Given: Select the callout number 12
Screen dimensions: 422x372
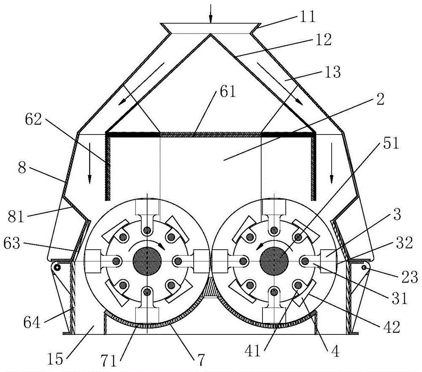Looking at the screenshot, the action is (323, 40).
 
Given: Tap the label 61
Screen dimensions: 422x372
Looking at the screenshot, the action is (228, 92).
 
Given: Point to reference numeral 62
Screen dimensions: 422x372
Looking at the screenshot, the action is (34, 120).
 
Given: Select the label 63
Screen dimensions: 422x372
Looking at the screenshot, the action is (12, 243).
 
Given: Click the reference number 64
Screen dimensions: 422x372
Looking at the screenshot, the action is (32, 322).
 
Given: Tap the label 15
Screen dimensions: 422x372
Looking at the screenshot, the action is (55, 359).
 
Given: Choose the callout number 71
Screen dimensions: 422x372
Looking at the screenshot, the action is (109, 361).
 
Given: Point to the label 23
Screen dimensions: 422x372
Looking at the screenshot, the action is (410, 277).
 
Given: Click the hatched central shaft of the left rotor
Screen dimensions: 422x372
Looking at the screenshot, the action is (147, 261).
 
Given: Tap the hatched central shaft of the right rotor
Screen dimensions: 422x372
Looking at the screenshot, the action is (274, 261).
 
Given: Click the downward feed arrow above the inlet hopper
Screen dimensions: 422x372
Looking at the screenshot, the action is (211, 13).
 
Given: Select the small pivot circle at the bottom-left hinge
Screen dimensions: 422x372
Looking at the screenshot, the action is (57, 267).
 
